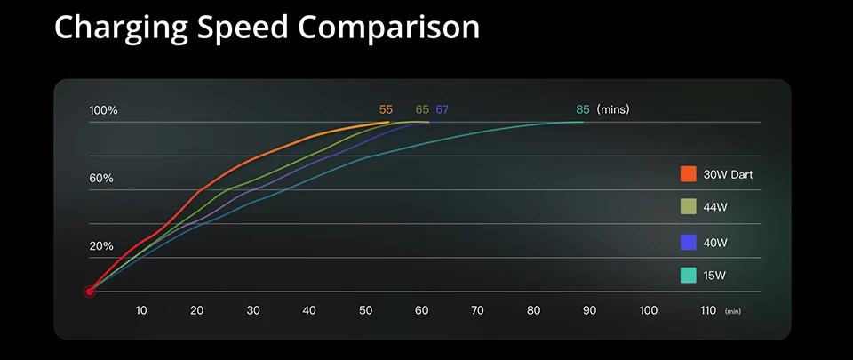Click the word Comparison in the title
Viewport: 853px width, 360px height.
point(389,28)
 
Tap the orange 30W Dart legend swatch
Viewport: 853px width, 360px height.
point(688,174)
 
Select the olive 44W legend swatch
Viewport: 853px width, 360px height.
point(688,207)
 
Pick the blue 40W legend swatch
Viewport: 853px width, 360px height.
point(688,242)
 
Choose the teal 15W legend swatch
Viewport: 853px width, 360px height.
point(688,276)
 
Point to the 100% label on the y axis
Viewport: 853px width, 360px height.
point(103,110)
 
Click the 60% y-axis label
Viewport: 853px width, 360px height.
point(101,179)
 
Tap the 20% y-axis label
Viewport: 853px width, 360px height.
point(101,246)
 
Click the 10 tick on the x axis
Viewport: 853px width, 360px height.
point(141,310)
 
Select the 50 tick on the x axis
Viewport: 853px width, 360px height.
point(366,310)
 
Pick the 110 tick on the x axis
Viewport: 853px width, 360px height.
point(707,310)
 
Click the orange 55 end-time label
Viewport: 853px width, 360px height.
point(386,109)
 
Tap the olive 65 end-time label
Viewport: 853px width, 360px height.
point(422,109)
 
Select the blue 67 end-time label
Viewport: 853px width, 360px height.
point(442,109)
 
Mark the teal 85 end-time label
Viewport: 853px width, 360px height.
point(583,109)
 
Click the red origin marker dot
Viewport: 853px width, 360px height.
point(90,291)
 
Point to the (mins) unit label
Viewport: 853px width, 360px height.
point(613,109)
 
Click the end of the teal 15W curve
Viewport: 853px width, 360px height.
point(584,122)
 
